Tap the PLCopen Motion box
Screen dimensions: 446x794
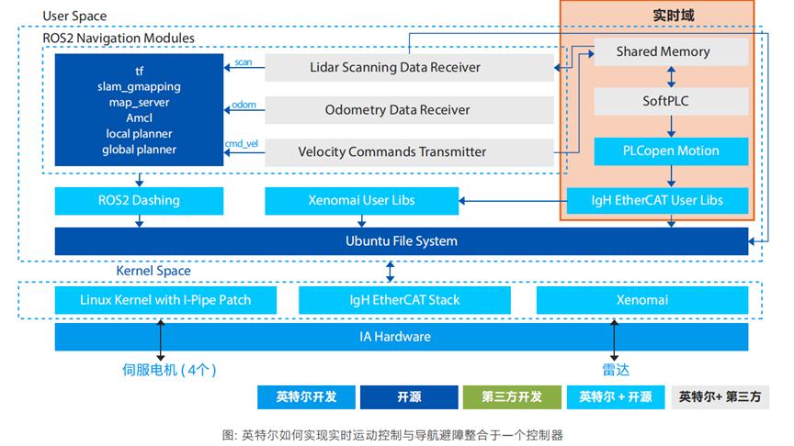tap(670, 151)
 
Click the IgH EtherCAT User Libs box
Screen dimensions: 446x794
tap(670, 200)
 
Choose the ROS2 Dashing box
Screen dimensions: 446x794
tap(139, 200)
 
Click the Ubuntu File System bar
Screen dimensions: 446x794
tap(402, 241)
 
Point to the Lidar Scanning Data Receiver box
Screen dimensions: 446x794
tap(409, 67)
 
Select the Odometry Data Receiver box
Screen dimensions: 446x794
tap(409, 109)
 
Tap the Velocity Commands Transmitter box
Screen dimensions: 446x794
tap(409, 151)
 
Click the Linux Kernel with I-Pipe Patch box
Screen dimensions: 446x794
tap(165, 299)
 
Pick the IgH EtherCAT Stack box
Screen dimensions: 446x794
tap(404, 299)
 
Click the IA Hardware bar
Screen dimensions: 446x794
tap(402, 337)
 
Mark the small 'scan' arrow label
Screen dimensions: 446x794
tap(244, 62)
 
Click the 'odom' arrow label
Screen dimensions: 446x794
tap(244, 104)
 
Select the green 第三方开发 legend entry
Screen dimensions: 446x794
tap(512, 397)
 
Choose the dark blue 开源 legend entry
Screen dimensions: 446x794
tap(408, 397)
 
